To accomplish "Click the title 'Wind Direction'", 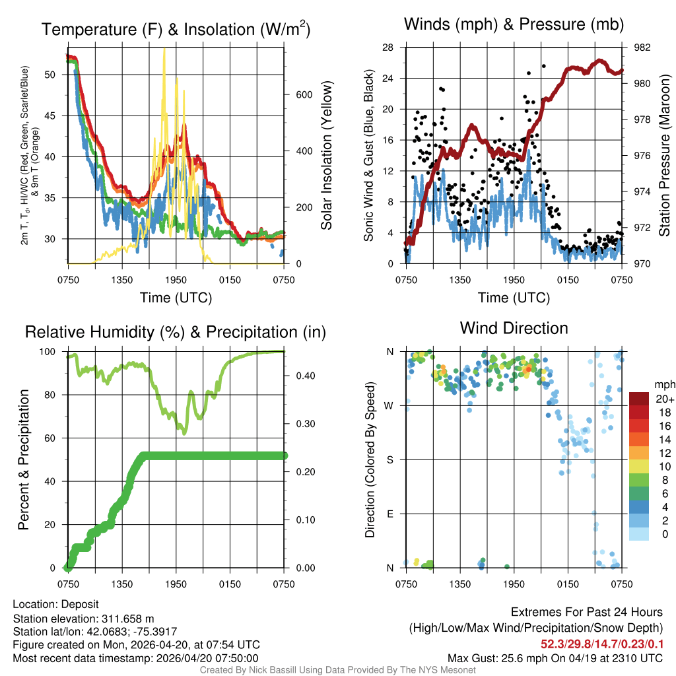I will [x=514, y=328].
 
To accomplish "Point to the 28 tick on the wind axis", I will [x=388, y=48].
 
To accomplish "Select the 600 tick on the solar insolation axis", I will [x=304, y=94].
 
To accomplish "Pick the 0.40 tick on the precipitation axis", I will [x=304, y=376].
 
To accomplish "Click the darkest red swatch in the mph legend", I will [x=638, y=399].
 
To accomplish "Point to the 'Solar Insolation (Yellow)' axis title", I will [x=326, y=156].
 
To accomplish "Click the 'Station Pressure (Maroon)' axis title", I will [x=664, y=156].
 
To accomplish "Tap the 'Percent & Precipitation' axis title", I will [x=24, y=459].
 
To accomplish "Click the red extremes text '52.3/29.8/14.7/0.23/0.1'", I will [x=602, y=644].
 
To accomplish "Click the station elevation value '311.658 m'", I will [x=127, y=619].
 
